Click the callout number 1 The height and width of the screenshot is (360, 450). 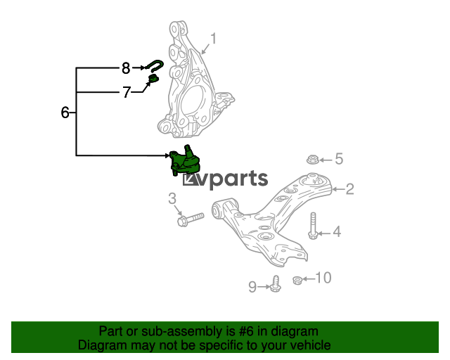pos(213,39)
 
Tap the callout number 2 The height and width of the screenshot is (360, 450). pos(350,189)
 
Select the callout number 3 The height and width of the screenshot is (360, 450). pos(172,198)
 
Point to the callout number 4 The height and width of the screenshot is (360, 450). pos(337,231)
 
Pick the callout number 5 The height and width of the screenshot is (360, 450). pos(339,159)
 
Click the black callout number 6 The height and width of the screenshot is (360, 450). pos(65,112)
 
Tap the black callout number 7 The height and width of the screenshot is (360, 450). pos(127,92)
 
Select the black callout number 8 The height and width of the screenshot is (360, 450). pos(126,68)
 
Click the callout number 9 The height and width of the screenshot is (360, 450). pos(252,287)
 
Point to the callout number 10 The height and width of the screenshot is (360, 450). pos(323,278)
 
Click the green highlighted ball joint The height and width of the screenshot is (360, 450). pos(185,160)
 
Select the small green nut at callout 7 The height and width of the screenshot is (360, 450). pos(153,78)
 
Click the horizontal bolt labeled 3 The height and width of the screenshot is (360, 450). pos(191,219)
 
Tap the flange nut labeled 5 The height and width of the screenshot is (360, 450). pos(312,160)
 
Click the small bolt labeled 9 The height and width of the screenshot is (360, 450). pos(276,284)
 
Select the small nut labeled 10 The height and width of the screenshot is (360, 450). pos(297,280)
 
